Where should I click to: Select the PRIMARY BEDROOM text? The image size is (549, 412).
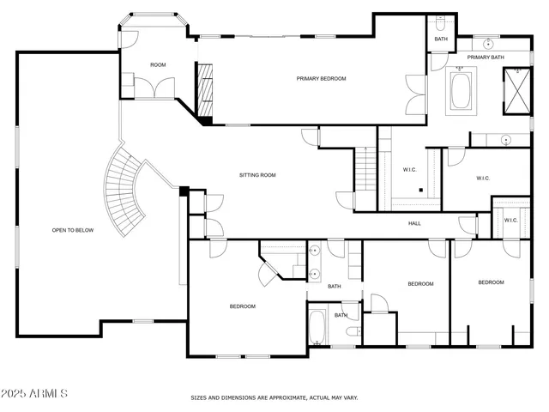(321, 79)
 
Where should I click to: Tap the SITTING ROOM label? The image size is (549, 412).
(256, 175)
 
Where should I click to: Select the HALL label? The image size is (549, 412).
(414, 224)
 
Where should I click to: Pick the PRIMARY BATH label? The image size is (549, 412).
(485, 58)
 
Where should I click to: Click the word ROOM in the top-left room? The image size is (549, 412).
(158, 65)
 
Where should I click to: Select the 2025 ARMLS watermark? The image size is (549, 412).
(34, 393)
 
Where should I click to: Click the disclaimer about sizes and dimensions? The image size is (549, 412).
(274, 397)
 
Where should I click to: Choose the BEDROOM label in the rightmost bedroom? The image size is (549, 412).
(491, 282)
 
